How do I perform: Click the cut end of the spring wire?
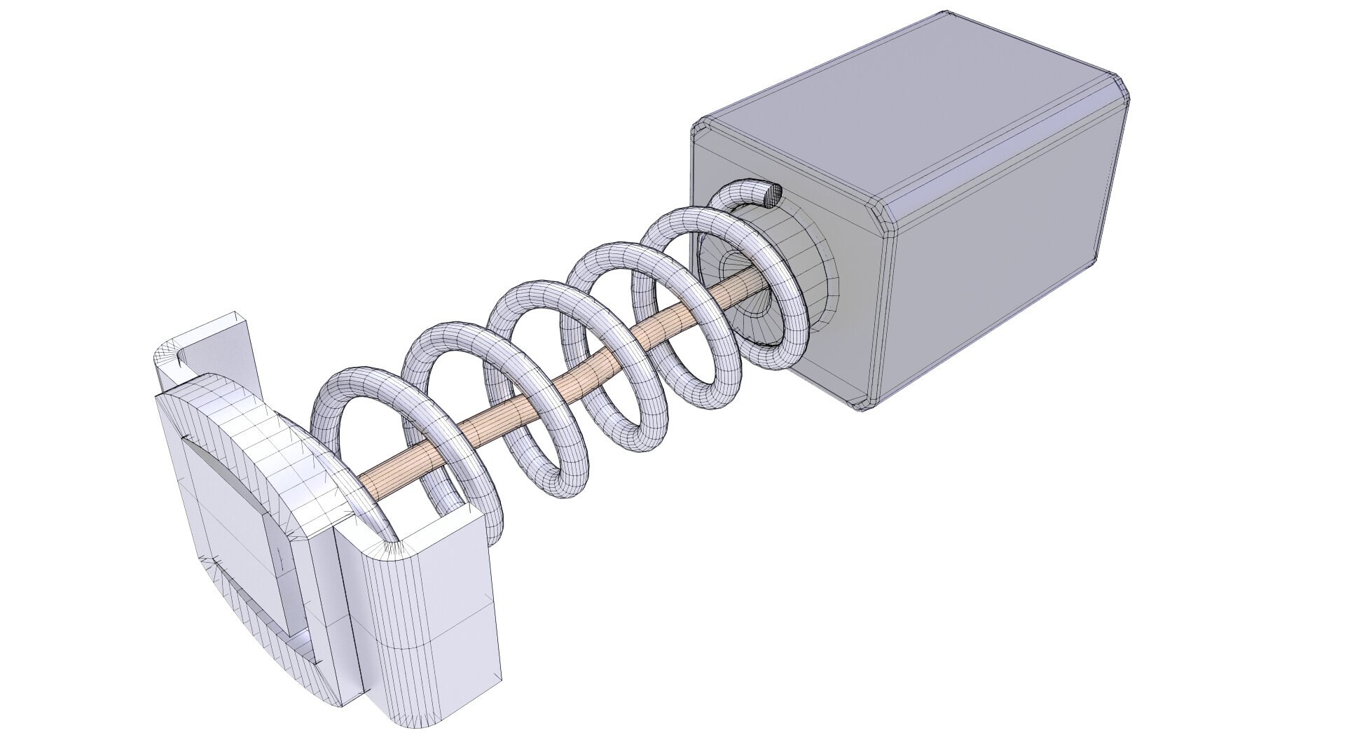(x=772, y=193)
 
